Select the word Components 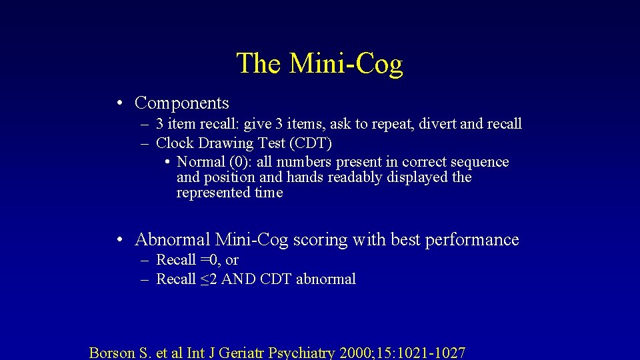tap(181, 103)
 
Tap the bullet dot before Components tap(117, 103)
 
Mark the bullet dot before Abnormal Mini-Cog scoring tap(117, 240)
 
